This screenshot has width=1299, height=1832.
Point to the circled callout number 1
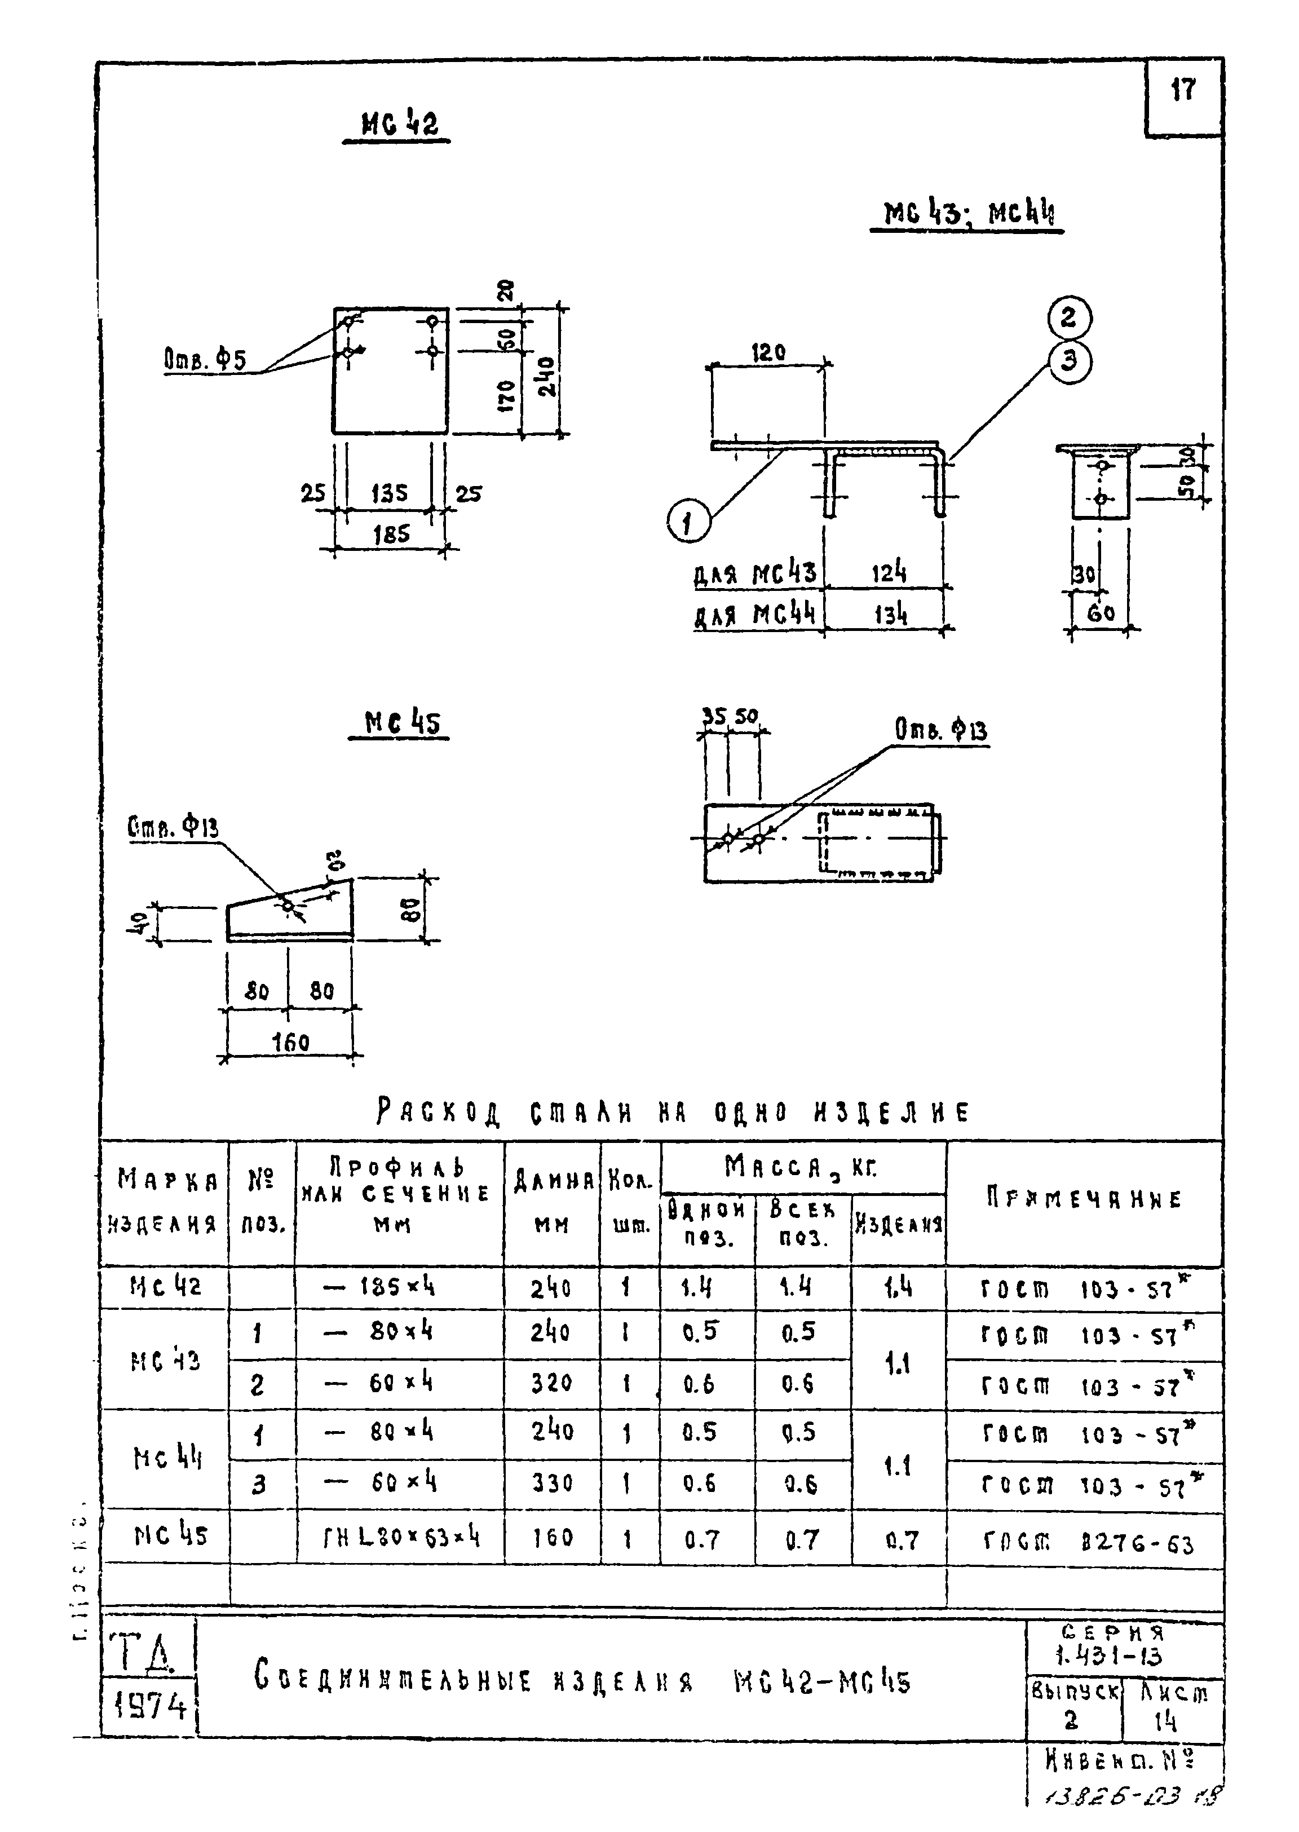(x=688, y=523)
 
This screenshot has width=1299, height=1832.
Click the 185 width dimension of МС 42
(x=391, y=533)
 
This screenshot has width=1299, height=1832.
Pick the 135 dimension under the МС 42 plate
(x=390, y=493)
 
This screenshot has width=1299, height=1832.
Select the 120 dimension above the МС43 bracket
(x=768, y=352)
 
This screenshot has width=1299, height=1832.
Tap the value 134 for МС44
(x=890, y=615)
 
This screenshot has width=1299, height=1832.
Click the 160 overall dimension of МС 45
(x=290, y=1043)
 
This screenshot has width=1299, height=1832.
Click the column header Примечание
(x=1084, y=1200)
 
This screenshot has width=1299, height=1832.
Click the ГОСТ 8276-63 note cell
(x=1088, y=1541)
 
